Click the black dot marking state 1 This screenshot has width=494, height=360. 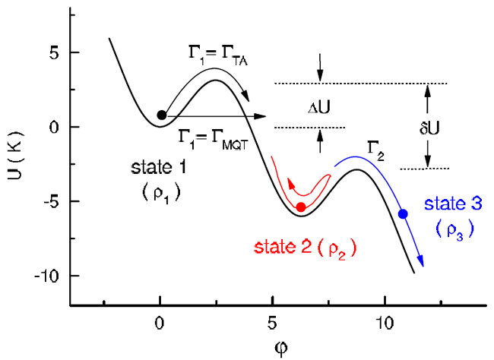click(x=161, y=115)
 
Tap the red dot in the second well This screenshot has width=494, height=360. click(x=301, y=207)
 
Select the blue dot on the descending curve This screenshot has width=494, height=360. click(x=403, y=214)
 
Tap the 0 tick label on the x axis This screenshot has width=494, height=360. click(x=160, y=321)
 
